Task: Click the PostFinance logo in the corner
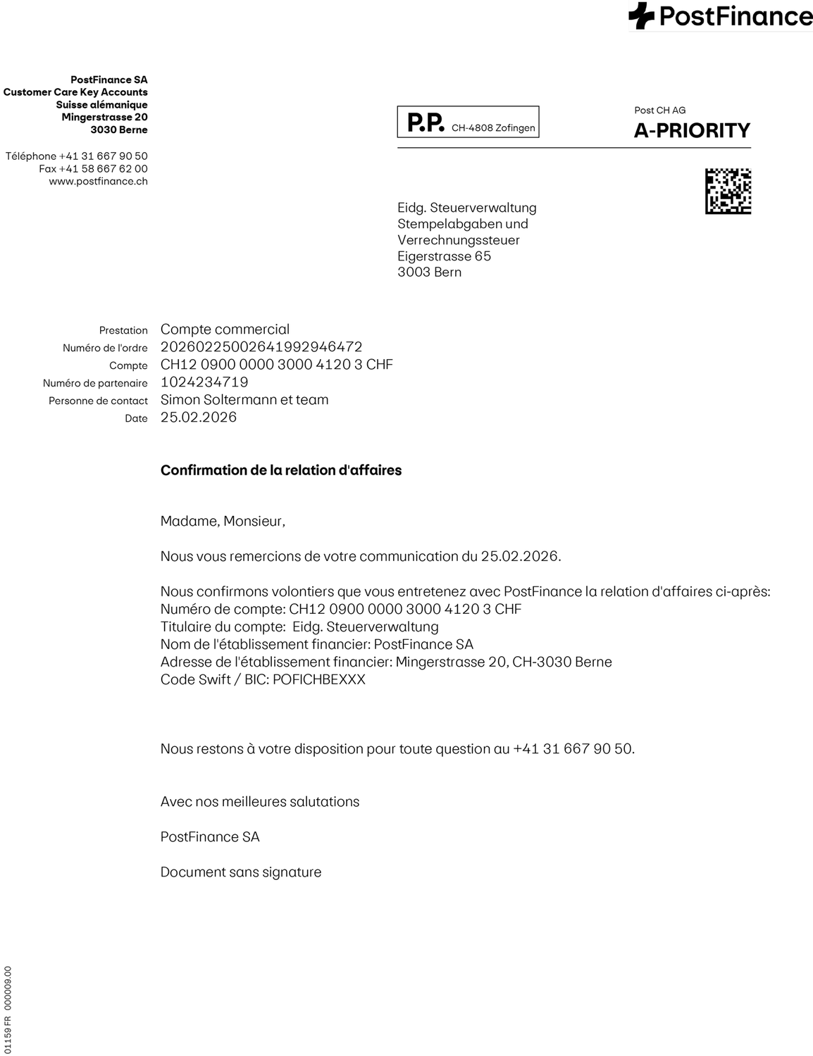[720, 16]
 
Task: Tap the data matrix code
[728, 191]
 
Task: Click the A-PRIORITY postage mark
[692, 130]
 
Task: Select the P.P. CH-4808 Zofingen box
[468, 122]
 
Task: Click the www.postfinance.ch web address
[98, 182]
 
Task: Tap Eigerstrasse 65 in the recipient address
[444, 256]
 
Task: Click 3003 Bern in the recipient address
[429, 272]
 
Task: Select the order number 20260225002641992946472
[261, 347]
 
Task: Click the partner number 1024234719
[204, 382]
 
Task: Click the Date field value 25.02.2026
[199, 417]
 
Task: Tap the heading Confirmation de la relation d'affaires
[281, 470]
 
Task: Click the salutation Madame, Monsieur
[223, 522]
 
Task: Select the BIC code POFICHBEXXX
[319, 680]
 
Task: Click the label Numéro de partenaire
[95, 384]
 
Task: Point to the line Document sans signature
[241, 872]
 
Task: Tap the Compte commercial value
[225, 329]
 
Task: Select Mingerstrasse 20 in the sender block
[104, 118]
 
